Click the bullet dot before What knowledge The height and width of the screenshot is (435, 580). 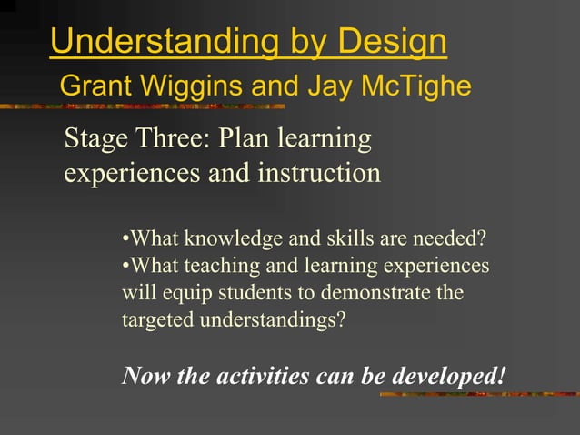point(125,241)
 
